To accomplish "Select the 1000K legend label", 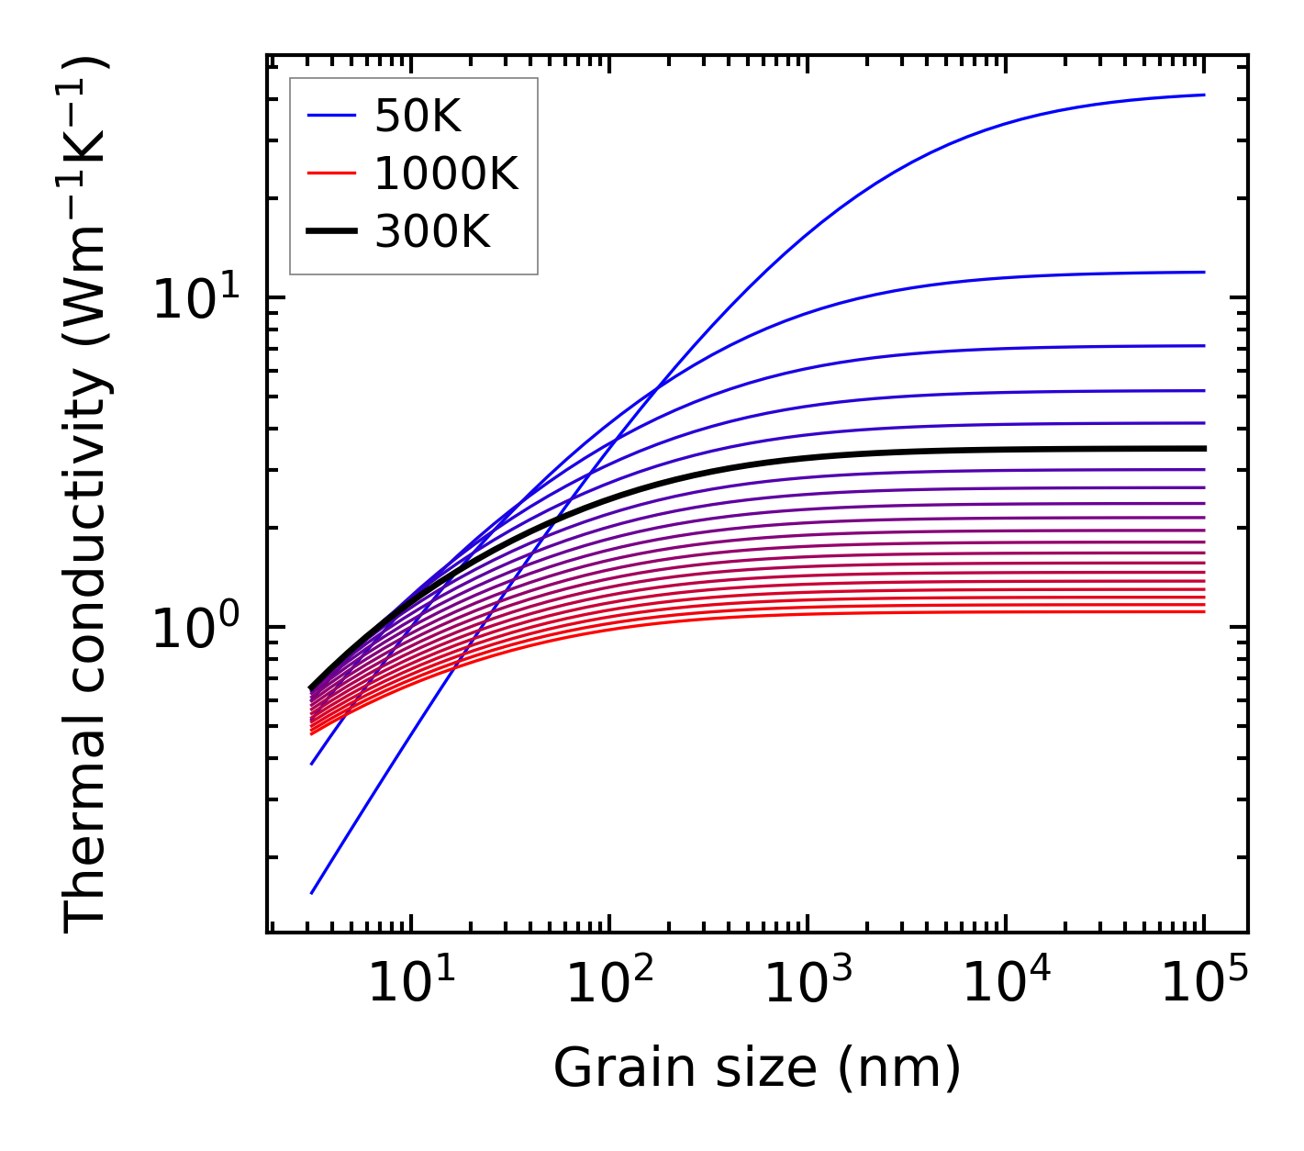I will (446, 173).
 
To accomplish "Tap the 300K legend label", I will (432, 232).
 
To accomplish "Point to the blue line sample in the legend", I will (330, 116).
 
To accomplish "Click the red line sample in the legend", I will (330, 173).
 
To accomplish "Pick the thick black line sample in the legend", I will (330, 232).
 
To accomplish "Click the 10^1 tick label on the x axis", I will (410, 984).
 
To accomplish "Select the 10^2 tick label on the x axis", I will (608, 984).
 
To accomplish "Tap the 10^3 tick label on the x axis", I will (807, 984).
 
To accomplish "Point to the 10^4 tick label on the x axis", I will (1006, 984).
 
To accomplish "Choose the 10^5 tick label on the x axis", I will (1204, 984).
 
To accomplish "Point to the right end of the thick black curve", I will (1204, 448).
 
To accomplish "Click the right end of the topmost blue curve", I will (1204, 95).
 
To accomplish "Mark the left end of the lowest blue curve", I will (312, 892).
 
